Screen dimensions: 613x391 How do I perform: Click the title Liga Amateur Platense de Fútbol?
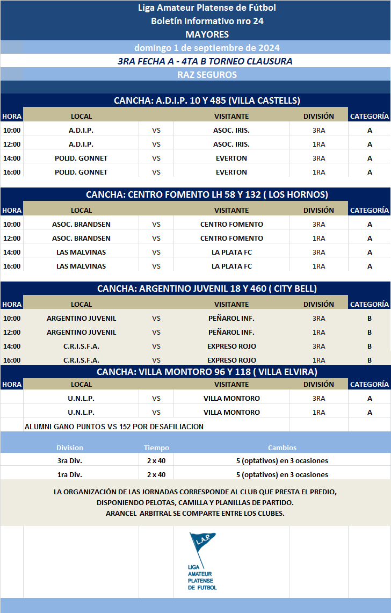pos(207,8)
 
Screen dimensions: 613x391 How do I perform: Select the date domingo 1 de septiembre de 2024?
pos(207,47)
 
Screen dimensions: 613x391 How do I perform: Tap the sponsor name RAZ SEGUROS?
pos(207,75)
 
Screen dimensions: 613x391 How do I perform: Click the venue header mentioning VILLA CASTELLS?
pos(207,100)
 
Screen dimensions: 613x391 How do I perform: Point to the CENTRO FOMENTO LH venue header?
pos(207,194)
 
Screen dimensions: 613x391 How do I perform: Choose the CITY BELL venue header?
pos(207,289)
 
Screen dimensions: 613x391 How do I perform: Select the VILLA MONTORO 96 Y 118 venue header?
pos(207,372)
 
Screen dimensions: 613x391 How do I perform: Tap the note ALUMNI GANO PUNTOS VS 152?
pos(114,427)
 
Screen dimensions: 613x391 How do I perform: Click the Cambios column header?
pos(282,448)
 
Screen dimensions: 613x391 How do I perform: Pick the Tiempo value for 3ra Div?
pos(156,460)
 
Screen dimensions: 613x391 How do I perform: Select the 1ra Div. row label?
pos(70,474)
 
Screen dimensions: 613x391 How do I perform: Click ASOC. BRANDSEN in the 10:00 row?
pos(81,224)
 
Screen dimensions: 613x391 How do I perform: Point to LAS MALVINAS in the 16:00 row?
pos(81,266)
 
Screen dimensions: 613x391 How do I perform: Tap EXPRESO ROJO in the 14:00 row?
pos(231,346)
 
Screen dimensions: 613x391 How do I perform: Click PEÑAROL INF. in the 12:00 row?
pos(231,332)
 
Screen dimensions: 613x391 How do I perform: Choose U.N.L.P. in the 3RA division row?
pos(81,398)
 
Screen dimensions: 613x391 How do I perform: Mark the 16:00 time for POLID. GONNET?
pos(12,172)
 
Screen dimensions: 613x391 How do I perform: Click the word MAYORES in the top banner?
pos(207,34)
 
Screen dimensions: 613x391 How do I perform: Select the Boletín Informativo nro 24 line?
pos(207,21)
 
